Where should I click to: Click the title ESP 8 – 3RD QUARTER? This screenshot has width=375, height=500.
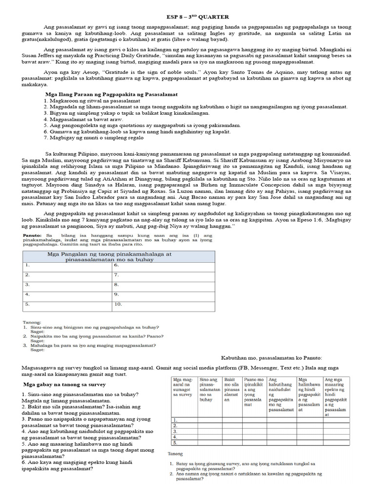pos(187,17)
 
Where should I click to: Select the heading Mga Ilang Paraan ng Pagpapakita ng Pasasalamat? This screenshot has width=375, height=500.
pos(111,94)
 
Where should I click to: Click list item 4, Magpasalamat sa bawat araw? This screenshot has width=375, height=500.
pos(83,119)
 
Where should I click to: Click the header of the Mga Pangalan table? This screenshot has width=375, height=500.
pos(116,257)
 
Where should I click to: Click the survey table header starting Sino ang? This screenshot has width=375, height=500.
pos(209,389)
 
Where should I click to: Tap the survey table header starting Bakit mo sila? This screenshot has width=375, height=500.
pos(231,389)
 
